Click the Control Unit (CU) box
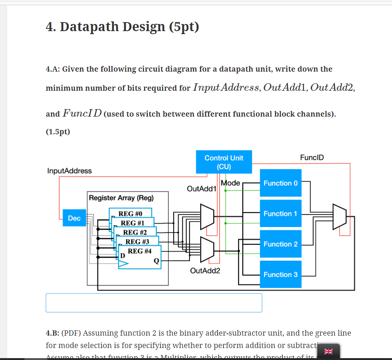(224, 162)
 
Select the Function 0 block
(281, 183)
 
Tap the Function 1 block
(281, 213)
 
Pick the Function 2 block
(281, 244)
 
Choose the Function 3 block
(281, 274)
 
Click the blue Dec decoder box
(74, 218)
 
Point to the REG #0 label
(131, 214)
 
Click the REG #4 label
(140, 251)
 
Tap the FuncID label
(312, 157)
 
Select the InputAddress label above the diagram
(69, 171)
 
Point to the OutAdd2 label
(205, 270)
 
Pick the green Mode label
(230, 183)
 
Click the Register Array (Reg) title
(121, 198)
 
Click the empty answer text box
(154, 303)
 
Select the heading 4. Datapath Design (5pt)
(122, 27)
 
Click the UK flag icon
(328, 351)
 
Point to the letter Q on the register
(156, 260)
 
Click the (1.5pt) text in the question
(58, 132)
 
